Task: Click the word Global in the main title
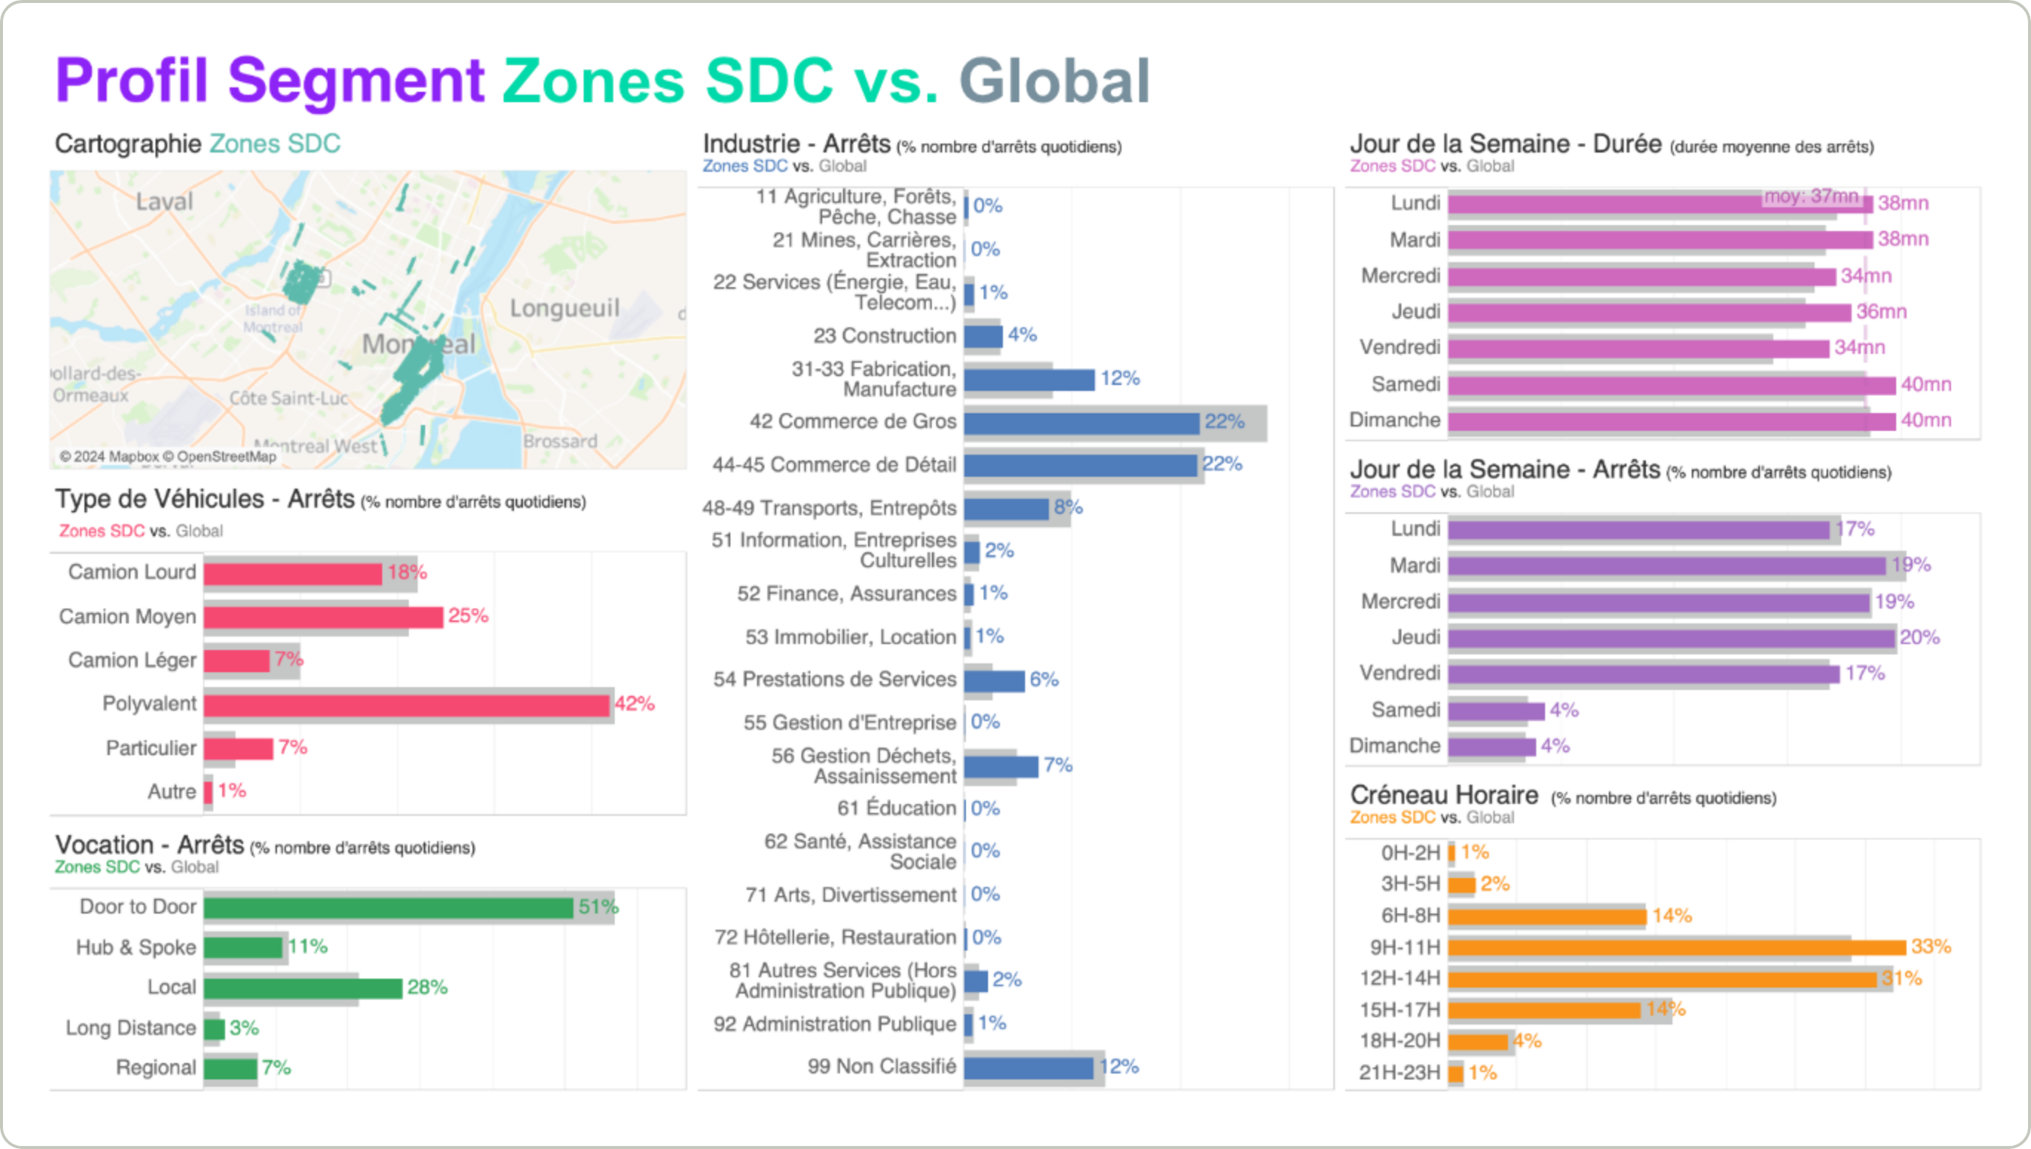(1054, 81)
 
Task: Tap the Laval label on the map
(164, 202)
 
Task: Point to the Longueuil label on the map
(564, 308)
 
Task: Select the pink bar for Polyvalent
(407, 705)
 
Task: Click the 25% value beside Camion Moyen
(468, 615)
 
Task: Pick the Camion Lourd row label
(132, 572)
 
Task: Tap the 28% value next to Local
(427, 987)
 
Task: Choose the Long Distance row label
(130, 1028)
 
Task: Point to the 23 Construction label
(884, 335)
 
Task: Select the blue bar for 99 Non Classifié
(1029, 1068)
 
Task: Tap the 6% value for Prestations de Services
(1044, 680)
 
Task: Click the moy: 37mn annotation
(1812, 195)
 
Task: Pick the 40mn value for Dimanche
(1926, 420)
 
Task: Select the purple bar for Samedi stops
(1495, 711)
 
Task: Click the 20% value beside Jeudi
(1920, 637)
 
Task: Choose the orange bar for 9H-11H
(1677, 947)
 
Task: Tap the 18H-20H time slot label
(1399, 1041)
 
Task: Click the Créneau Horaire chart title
(1444, 794)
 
